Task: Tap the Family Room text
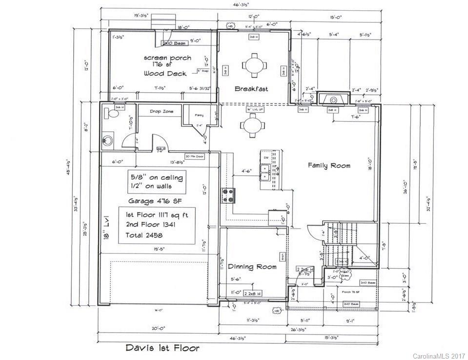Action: click(329, 166)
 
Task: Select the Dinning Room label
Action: click(252, 267)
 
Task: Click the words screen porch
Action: click(167, 58)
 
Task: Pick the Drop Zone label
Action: click(162, 111)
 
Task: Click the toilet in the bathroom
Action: click(112, 114)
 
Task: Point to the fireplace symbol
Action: click(334, 100)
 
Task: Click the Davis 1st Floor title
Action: click(162, 348)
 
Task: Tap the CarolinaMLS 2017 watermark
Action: click(439, 355)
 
